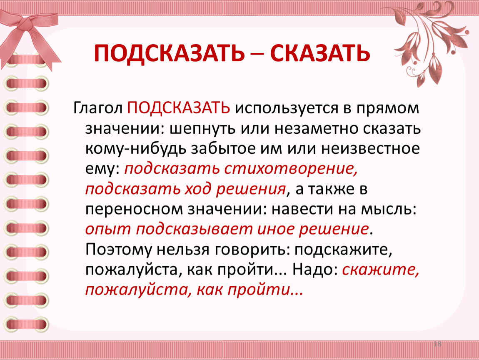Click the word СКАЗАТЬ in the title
(320, 53)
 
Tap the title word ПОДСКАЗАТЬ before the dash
(170, 53)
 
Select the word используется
(287, 108)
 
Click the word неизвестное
(371, 149)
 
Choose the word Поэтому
(119, 250)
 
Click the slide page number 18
(437, 344)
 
